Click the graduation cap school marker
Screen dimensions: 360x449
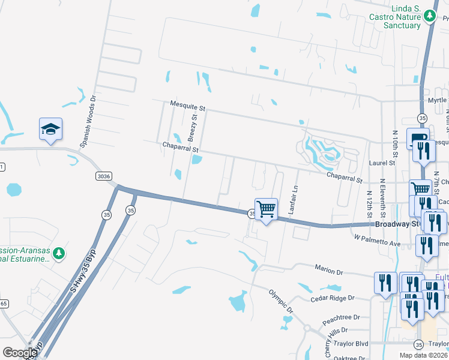click(x=50, y=130)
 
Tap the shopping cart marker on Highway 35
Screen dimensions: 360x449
click(x=266, y=210)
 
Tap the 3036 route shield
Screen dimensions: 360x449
click(x=103, y=175)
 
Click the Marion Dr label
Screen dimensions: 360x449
click(x=328, y=271)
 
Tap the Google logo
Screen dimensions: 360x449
click(x=20, y=352)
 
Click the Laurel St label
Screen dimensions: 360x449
click(x=383, y=163)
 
